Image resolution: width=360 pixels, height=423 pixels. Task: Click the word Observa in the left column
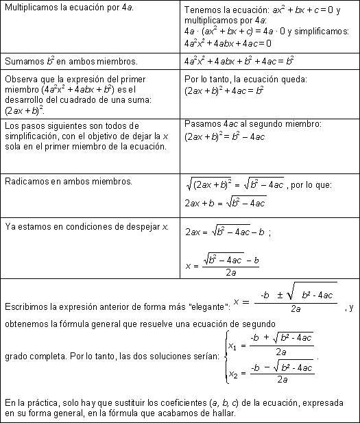tap(22, 79)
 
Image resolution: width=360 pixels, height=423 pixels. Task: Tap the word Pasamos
tap(204, 124)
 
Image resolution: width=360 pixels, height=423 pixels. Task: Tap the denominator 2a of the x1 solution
tap(281, 352)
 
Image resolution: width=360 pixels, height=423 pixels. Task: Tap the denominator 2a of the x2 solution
tap(281, 380)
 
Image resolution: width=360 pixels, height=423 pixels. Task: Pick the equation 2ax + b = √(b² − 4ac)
tap(226, 202)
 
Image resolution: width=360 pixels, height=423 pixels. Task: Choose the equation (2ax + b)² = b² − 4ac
tap(226, 136)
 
